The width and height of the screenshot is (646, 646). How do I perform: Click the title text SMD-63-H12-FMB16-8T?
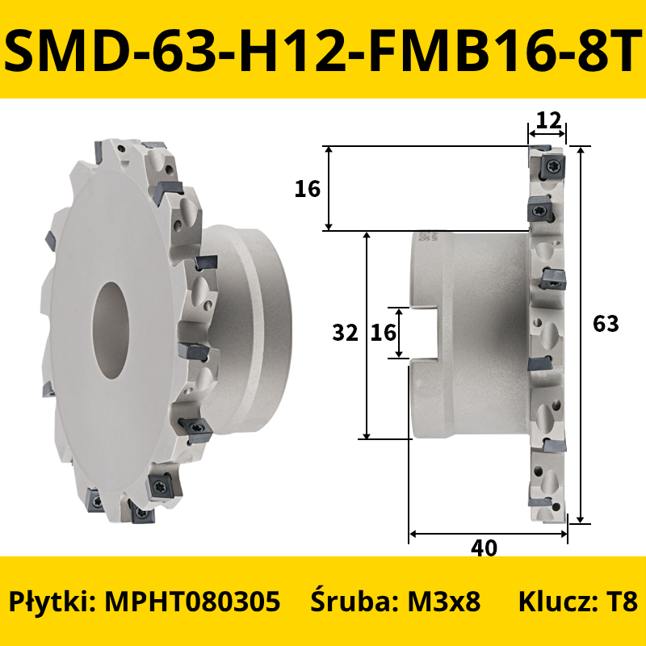point(323,50)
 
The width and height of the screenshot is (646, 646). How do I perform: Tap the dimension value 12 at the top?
point(550,120)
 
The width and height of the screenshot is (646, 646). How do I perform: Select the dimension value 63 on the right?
point(606,324)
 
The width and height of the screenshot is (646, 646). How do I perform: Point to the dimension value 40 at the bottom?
point(484,548)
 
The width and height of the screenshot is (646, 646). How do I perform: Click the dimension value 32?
point(346,333)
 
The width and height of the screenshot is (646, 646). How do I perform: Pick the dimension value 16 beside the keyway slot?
point(383,333)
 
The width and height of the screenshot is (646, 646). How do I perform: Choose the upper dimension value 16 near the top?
point(308,189)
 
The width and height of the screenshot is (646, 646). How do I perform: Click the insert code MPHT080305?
point(192,601)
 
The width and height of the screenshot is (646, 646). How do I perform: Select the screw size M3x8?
point(443,601)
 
